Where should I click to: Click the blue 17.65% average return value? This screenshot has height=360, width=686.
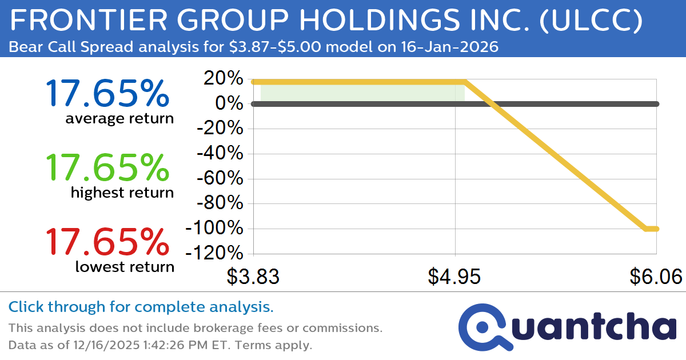coord(107,94)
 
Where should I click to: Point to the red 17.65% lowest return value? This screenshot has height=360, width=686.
coord(107,242)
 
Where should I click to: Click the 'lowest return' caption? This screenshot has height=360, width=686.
coord(125,266)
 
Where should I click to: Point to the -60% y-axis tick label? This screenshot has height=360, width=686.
coord(221,179)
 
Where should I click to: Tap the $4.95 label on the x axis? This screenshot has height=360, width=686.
coord(454,277)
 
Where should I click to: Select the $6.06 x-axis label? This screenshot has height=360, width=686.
coord(656,277)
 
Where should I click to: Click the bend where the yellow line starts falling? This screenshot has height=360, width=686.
coord(464,82)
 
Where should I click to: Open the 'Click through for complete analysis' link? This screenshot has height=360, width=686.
coord(141,307)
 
